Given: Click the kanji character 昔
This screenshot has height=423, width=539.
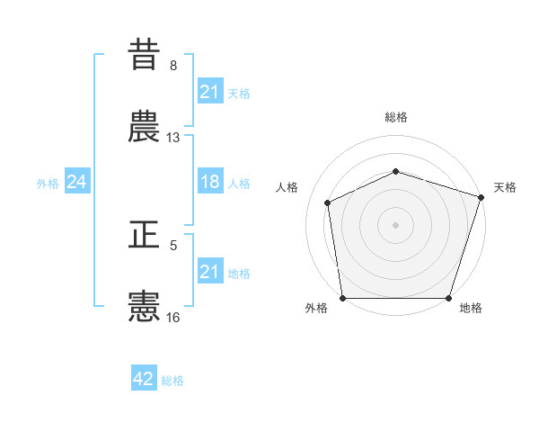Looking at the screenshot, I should [x=144, y=54].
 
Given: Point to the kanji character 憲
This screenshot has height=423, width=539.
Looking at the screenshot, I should [x=144, y=306].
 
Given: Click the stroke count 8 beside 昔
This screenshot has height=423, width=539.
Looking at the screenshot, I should [x=173, y=66].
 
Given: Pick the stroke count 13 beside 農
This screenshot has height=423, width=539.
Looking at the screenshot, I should [x=173, y=138].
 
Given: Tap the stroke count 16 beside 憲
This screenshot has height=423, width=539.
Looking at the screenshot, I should [x=173, y=317].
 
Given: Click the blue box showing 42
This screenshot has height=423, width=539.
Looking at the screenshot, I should [x=144, y=379].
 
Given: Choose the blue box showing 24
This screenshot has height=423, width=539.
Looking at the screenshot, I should [x=77, y=182].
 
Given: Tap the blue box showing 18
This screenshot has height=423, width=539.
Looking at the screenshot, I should [x=209, y=182].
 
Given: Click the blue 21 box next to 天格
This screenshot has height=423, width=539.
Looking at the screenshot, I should [x=209, y=92].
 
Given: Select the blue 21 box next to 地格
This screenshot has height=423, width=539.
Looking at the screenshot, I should [x=209, y=272].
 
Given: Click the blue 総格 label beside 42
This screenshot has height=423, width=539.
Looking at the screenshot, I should [x=172, y=381].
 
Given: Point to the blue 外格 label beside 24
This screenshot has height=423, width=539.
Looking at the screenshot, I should [x=48, y=183].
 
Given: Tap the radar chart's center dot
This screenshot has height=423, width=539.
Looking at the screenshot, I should [x=395, y=224].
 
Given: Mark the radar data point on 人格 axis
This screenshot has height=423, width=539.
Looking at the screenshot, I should [x=328, y=202].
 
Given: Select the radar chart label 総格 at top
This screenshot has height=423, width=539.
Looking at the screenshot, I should [x=395, y=117].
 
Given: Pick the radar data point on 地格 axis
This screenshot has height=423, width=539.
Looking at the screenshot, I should [x=449, y=298].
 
